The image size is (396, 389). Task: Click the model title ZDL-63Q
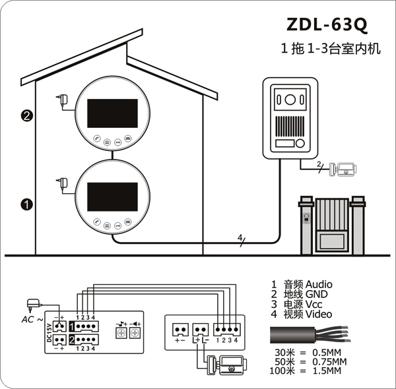[327, 24]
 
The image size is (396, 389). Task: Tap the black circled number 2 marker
[27, 116]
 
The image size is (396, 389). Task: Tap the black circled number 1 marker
[27, 204]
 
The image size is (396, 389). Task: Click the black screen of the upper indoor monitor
[112, 113]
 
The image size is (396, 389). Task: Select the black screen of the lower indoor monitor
[112, 196]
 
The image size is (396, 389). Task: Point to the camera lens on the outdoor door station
[290, 100]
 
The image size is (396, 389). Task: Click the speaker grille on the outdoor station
[290, 127]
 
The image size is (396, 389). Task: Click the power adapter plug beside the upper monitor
[63, 100]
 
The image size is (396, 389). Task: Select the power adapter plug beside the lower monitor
[63, 183]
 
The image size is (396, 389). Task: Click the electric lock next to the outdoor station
[343, 169]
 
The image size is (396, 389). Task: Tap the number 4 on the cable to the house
[240, 237]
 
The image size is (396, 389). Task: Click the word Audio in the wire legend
[319, 284]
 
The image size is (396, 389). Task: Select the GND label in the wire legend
[316, 294]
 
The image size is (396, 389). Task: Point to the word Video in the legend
[319, 314]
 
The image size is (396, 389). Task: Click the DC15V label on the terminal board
[49, 333]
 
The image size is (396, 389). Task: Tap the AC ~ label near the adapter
[32, 320]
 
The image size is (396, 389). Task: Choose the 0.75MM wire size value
[329, 361]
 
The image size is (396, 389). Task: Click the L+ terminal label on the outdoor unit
[196, 340]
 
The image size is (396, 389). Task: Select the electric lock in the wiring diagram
[226, 365]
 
